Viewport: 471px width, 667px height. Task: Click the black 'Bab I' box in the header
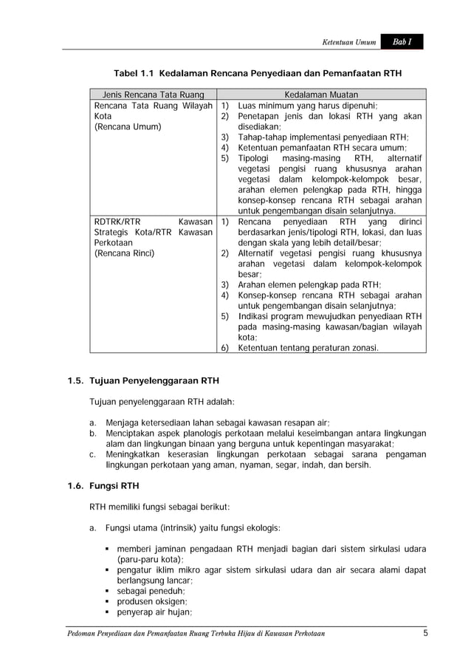click(x=402, y=42)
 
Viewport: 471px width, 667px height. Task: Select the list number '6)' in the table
click(x=227, y=348)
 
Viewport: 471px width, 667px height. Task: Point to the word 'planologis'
click(x=192, y=433)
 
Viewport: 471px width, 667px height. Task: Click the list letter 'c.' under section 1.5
click(x=94, y=454)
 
